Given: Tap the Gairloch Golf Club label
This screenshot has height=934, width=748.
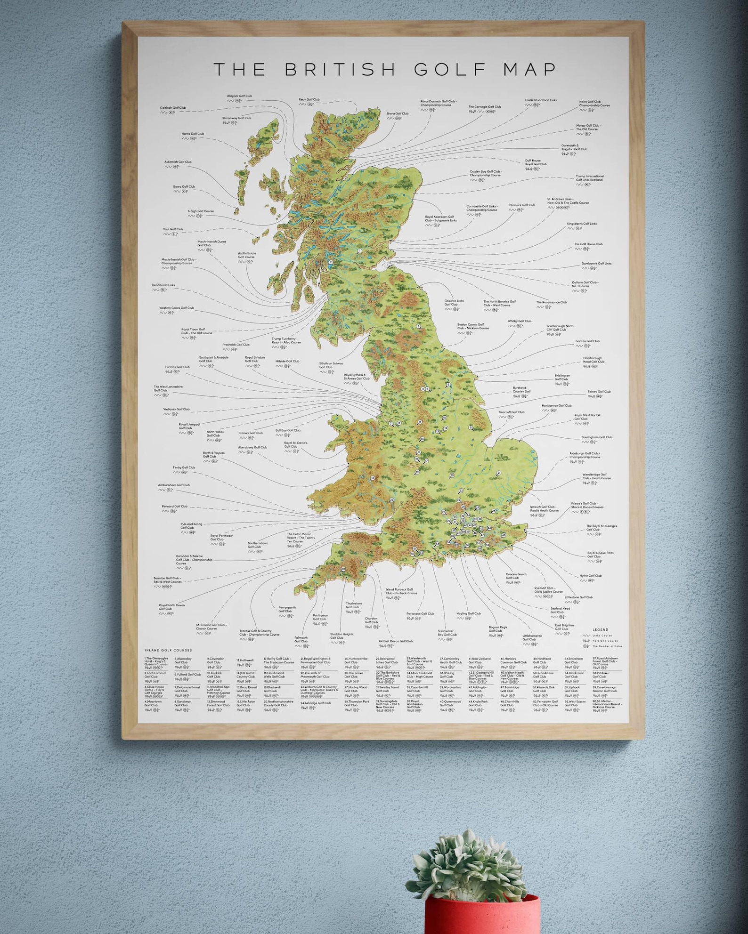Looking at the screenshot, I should [172, 108].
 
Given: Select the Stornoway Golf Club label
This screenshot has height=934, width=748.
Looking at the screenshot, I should [236, 118].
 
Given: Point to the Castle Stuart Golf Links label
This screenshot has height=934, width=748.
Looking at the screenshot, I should [540, 100].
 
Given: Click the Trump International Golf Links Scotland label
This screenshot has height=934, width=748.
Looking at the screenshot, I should [589, 178].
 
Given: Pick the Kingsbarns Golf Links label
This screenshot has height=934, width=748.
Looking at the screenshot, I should [582, 224].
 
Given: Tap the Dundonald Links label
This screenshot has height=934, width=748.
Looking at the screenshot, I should [163, 285].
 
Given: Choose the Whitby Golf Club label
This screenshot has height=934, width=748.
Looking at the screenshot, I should [519, 321].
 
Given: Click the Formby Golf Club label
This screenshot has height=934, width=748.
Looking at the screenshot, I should [177, 367].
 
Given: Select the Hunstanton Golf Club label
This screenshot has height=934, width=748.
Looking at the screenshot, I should [556, 405].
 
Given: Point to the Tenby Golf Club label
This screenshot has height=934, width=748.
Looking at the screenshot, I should [184, 467].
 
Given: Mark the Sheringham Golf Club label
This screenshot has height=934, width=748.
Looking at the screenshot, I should [596, 437].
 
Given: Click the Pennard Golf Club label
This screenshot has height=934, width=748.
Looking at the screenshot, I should [174, 507].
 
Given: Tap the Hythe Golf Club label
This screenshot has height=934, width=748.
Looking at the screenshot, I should [590, 575].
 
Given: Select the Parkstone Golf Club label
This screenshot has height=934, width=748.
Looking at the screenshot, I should [420, 613].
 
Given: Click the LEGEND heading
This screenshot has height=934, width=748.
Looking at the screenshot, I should [600, 629].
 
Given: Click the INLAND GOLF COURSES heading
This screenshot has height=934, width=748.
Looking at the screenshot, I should [168, 650].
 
